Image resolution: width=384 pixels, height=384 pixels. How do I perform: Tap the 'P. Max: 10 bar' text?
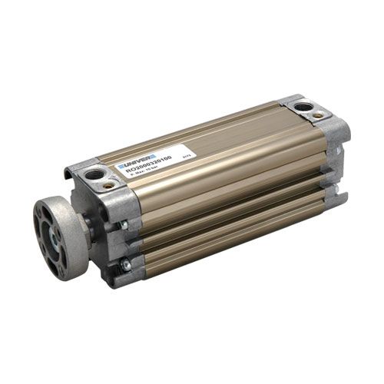click(141, 169)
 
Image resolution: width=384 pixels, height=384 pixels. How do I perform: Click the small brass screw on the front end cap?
click(109, 185)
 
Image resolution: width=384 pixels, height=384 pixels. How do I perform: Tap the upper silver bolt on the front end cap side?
click(123, 224)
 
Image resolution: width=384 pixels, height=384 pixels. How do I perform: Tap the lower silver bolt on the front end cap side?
click(125, 265)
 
